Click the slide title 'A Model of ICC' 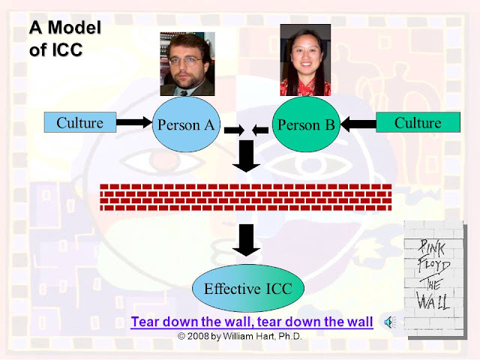[64, 40]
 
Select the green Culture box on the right [418, 122]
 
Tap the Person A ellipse [186, 125]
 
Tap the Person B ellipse [306, 124]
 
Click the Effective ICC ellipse [242, 287]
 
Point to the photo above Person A [187, 64]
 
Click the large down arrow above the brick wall [245, 157]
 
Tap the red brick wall [245, 196]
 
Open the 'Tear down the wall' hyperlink [251, 322]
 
